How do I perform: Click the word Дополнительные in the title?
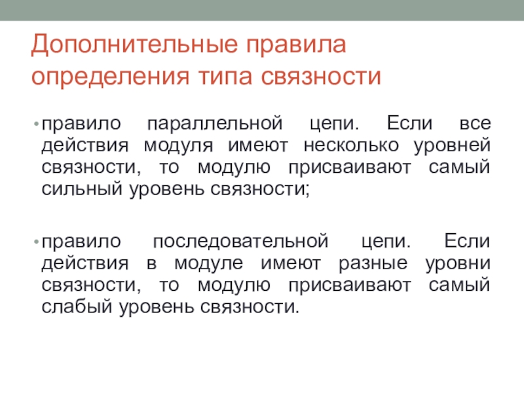(135, 45)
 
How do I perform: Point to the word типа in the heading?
(225, 77)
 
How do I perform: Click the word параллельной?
(215, 124)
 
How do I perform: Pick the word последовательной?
(240, 242)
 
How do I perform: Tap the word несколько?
(351, 145)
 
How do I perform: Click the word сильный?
(82, 189)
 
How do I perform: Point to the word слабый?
(77, 306)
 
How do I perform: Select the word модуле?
(208, 264)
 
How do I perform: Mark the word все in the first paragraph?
(476, 124)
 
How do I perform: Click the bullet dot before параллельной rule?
(37, 124)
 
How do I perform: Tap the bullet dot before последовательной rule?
(37, 242)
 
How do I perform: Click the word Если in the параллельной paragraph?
(409, 123)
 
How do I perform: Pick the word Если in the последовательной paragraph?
(467, 240)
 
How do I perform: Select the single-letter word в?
(151, 264)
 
